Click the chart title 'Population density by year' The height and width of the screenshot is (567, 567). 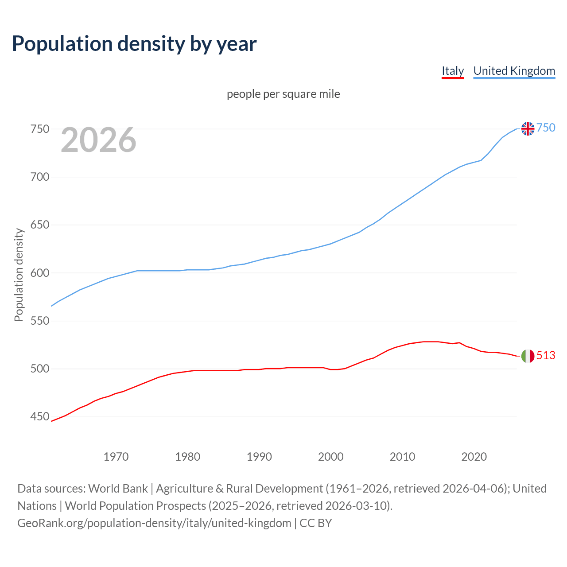coord(134,43)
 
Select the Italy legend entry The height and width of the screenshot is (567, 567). coord(452,71)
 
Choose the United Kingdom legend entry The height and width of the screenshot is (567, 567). coord(514,71)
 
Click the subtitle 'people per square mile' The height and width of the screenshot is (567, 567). coord(283,94)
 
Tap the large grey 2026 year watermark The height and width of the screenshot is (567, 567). coord(98,140)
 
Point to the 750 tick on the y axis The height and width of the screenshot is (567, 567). coord(39,129)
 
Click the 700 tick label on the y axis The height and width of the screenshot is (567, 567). coord(39,177)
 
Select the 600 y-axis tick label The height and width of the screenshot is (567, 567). coord(39,273)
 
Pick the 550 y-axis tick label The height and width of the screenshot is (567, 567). coord(39,321)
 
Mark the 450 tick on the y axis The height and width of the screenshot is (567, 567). coord(39,417)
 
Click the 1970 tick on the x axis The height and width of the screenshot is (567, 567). coord(116,457)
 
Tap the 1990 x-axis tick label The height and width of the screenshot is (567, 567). coord(259,457)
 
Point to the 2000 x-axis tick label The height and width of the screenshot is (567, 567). coord(331,457)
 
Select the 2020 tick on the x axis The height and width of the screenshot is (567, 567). coord(474,457)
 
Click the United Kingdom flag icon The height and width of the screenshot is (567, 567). coord(528,128)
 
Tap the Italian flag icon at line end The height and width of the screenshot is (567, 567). coord(528,356)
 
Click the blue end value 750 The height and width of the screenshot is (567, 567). coord(546,128)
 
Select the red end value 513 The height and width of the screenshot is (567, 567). coord(546,356)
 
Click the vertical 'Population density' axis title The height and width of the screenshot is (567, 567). coord(19,275)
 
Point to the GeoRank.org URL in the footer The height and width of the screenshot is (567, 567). coord(154,523)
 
